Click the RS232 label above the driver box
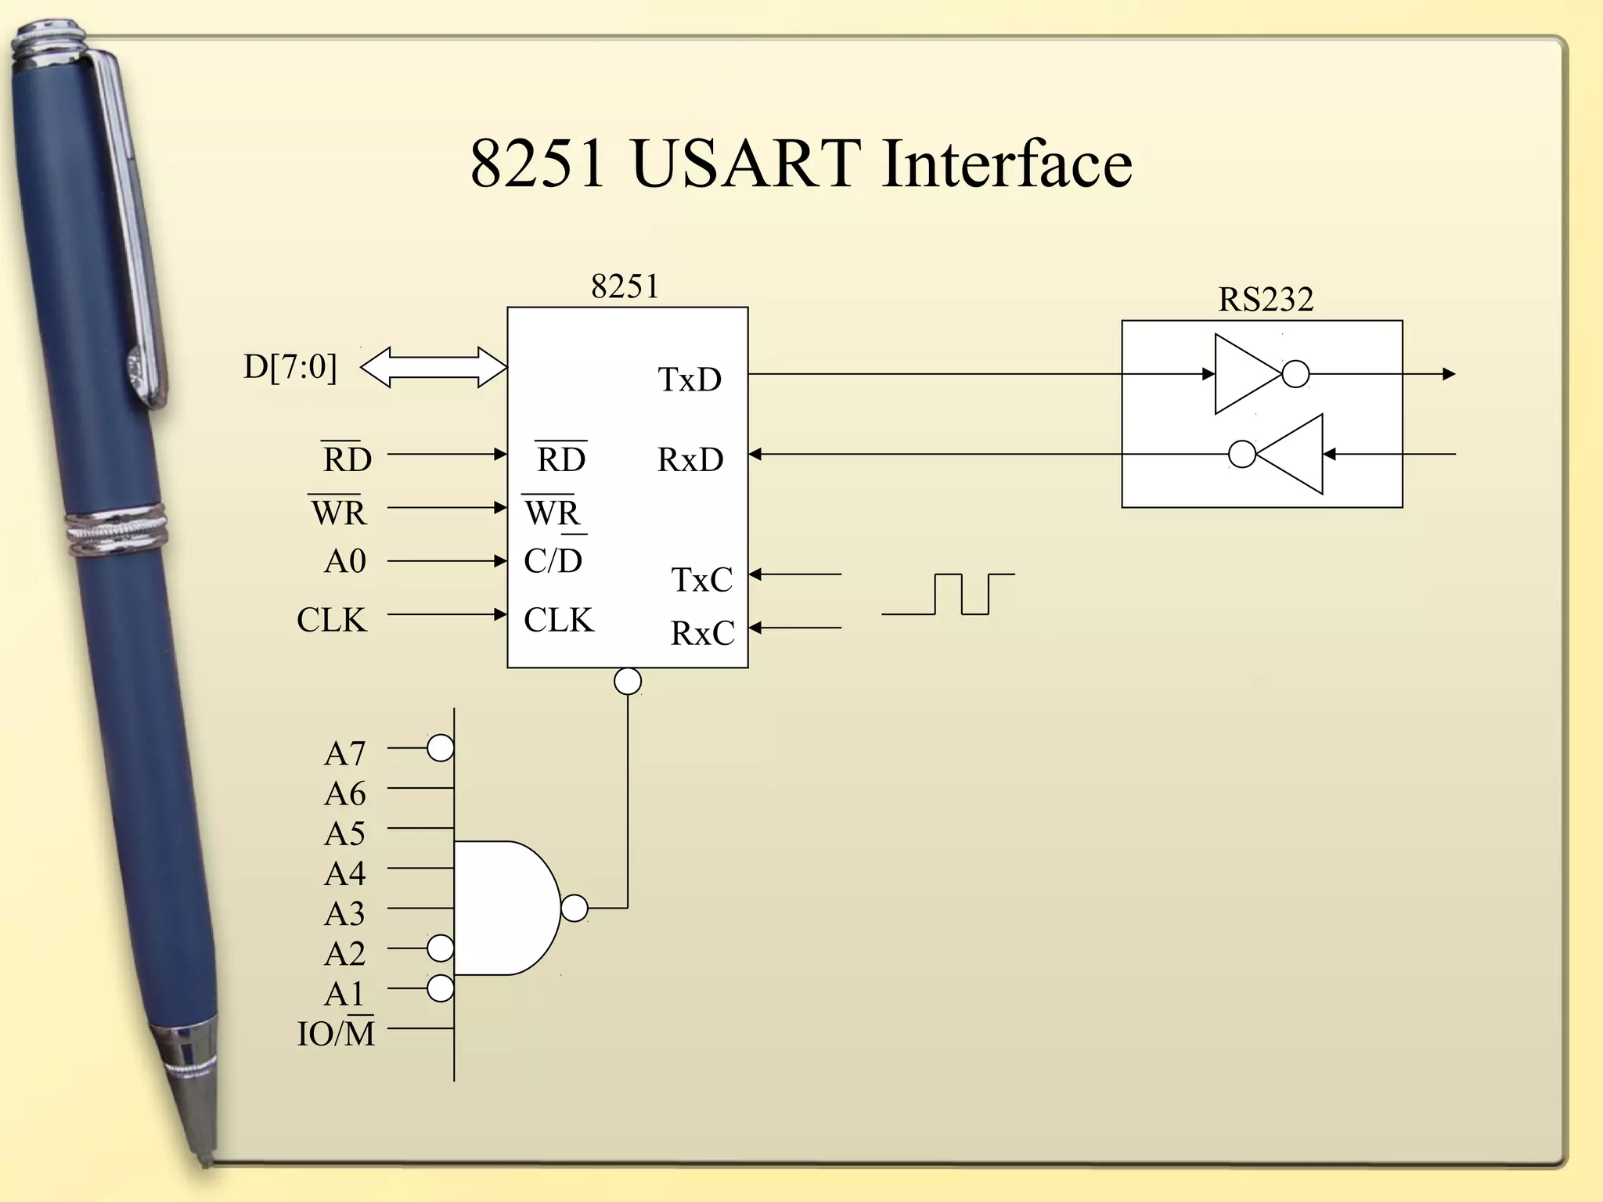(x=1265, y=299)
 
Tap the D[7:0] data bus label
(x=290, y=366)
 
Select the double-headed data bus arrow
(x=433, y=367)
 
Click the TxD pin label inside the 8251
(x=689, y=380)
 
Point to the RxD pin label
(x=690, y=459)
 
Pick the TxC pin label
(x=701, y=580)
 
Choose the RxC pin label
(x=702, y=633)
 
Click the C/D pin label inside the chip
(x=553, y=560)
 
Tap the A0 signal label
(x=344, y=561)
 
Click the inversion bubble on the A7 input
(x=441, y=748)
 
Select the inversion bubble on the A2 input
(x=441, y=948)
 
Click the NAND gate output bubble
(x=575, y=908)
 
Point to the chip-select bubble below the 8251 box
(x=628, y=681)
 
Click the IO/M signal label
(x=336, y=1034)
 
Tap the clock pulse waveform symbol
(x=949, y=594)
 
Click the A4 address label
(x=344, y=873)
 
